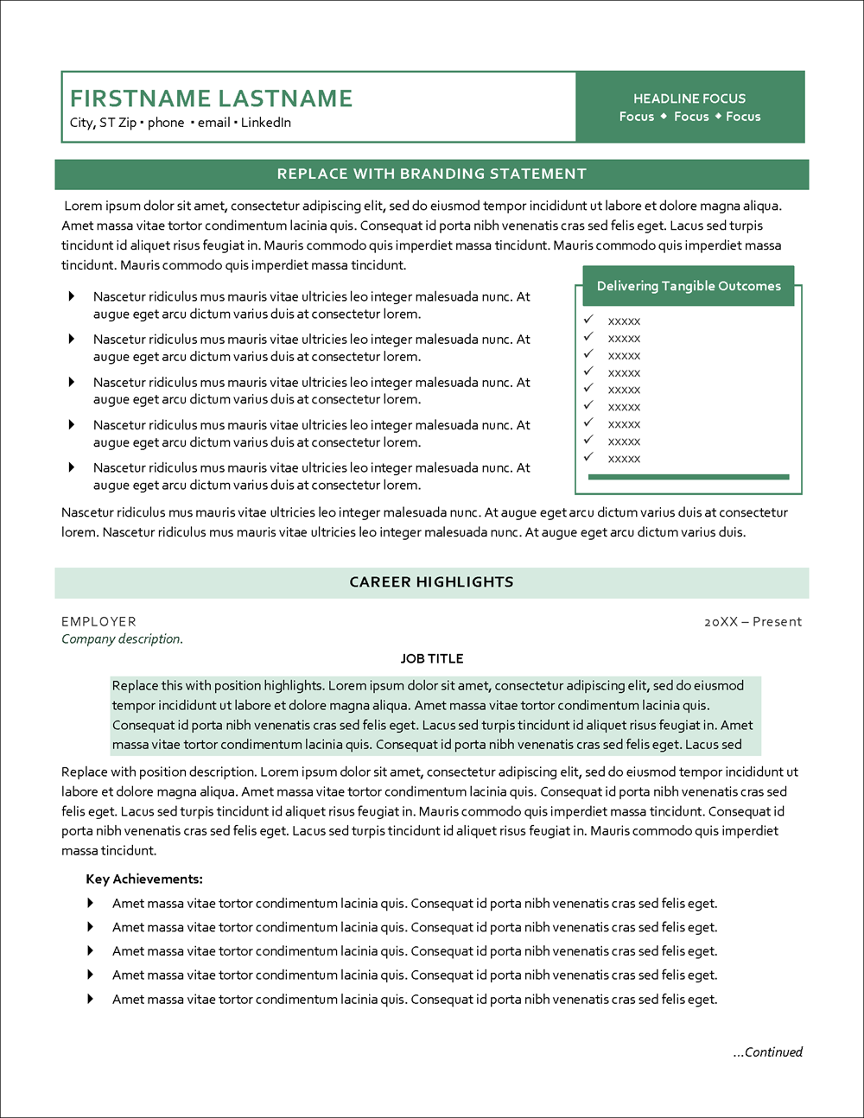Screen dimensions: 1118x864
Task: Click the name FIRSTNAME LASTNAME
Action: (x=211, y=98)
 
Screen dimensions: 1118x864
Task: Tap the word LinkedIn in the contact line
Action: (x=266, y=123)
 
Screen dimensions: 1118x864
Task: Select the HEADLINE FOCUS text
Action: (x=689, y=98)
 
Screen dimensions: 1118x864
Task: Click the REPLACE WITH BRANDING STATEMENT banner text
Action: (x=432, y=174)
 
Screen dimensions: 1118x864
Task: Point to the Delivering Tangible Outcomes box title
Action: (x=689, y=286)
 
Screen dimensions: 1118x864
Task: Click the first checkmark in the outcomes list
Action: (x=588, y=320)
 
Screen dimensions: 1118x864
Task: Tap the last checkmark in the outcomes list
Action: (x=588, y=457)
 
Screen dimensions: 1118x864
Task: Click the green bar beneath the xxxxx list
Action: (x=689, y=477)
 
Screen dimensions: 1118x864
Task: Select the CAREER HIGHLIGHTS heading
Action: (x=432, y=582)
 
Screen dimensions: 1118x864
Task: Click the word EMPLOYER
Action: (x=98, y=621)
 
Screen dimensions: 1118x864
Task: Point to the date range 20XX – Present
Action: (x=753, y=621)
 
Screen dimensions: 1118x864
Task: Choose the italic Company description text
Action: (x=122, y=639)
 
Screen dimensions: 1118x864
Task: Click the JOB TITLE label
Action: (x=432, y=658)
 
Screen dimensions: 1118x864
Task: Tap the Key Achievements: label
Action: (x=144, y=879)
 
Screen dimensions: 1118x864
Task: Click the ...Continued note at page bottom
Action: (x=767, y=1052)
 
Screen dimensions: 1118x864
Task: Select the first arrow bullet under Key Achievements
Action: (x=91, y=903)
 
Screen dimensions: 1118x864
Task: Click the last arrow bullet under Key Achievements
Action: (x=91, y=999)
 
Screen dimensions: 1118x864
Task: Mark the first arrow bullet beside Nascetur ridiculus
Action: (x=72, y=296)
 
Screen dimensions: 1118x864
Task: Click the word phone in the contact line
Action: (x=166, y=123)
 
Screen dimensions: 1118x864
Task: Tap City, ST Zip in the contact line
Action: (x=103, y=123)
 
